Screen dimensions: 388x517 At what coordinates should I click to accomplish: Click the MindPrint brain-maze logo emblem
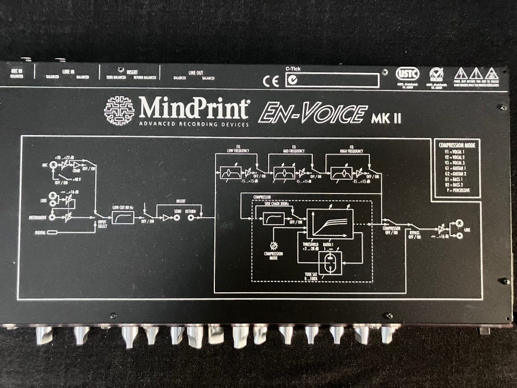point(119,111)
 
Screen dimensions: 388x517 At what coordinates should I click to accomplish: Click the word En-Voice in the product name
point(313,114)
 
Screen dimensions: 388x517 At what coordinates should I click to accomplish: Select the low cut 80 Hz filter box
point(123,218)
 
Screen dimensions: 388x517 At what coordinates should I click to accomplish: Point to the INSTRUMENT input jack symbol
point(52,218)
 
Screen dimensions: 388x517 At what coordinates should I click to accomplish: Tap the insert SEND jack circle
point(177,218)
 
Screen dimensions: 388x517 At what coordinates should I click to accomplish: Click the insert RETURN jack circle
point(191,218)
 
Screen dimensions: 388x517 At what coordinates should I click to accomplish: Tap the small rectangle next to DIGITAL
point(52,233)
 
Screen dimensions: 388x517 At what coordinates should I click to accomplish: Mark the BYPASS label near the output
point(414,233)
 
